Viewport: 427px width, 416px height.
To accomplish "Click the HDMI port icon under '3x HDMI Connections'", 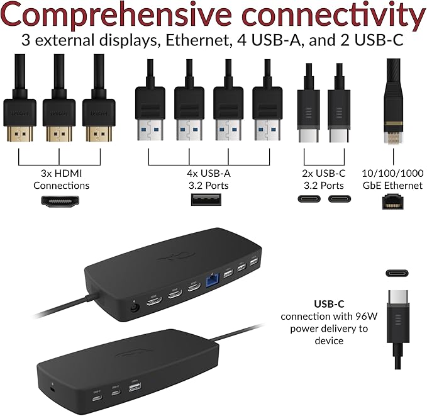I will [x=60, y=201].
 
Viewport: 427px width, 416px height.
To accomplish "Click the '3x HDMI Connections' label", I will [x=61, y=179].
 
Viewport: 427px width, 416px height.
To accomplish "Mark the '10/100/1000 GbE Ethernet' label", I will [x=392, y=179].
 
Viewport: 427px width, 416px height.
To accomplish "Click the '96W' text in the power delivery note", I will [x=364, y=316].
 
